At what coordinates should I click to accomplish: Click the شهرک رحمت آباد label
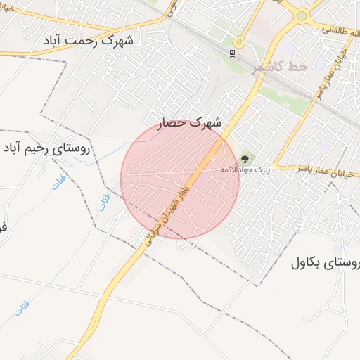(98, 40)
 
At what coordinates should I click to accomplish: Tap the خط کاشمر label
(279, 67)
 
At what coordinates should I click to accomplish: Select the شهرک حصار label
(188, 122)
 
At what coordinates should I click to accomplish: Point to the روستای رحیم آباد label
(53, 148)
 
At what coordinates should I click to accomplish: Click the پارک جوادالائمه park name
(244, 169)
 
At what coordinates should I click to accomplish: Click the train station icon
(231, 53)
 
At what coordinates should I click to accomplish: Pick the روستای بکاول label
(325, 264)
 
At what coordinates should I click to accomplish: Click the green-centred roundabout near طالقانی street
(302, 15)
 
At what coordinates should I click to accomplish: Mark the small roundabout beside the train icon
(239, 42)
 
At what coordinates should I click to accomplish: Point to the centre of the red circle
(180, 180)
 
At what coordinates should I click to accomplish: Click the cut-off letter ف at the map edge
(3, 227)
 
